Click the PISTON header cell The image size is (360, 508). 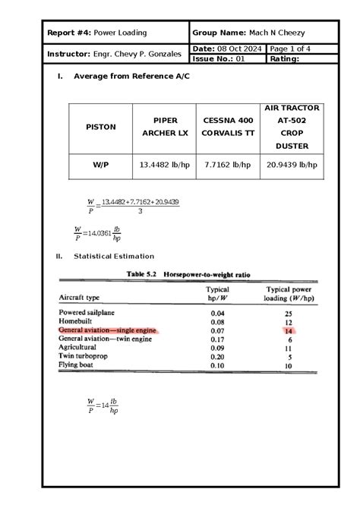(100, 127)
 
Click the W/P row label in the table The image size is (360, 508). (100, 165)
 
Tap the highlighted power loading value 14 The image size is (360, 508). (289, 331)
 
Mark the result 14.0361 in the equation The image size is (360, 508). (99, 233)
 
